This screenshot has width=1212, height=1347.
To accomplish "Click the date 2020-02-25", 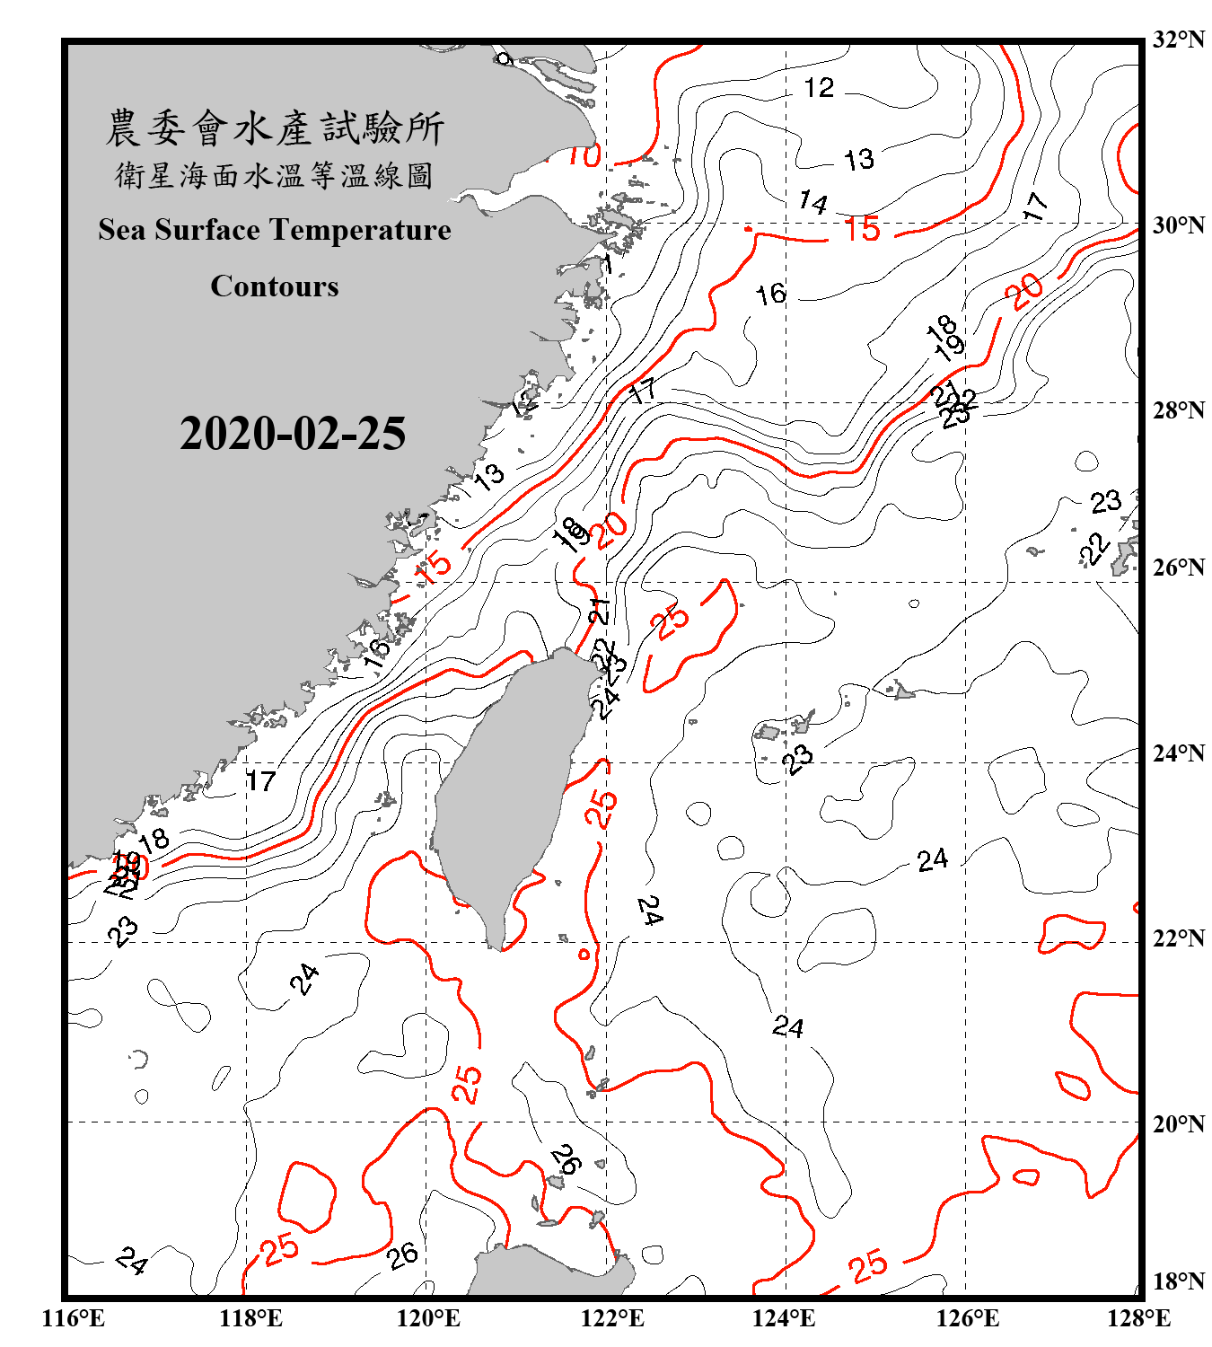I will click(293, 434).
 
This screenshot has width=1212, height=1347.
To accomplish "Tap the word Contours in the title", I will click(275, 286).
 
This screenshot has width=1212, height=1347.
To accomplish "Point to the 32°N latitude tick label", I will click(1178, 40).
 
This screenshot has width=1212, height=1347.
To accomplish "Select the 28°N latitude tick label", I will click(1178, 410).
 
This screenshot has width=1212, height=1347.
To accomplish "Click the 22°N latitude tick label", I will click(1178, 939).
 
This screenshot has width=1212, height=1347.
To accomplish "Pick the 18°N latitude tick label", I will click(1178, 1281).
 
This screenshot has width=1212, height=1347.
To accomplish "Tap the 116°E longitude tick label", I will click(74, 1318).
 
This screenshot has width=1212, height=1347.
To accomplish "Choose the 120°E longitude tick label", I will click(428, 1318).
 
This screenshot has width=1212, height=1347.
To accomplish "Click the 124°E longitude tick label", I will click(784, 1318).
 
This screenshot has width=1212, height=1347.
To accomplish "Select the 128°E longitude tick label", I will click(1138, 1318).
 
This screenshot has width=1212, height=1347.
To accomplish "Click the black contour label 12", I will click(818, 88).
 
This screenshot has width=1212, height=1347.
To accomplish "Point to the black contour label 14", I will click(812, 202).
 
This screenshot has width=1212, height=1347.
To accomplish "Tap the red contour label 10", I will click(584, 156).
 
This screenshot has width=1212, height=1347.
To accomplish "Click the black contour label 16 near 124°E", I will click(770, 294).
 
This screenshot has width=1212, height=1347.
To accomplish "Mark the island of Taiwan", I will click(507, 790).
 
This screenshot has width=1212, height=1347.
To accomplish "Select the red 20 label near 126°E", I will click(1024, 291).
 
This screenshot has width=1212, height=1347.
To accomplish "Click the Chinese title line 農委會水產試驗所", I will click(275, 128).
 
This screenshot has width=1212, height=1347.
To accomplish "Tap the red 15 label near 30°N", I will click(863, 230).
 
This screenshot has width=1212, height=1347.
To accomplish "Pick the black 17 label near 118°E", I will click(260, 781).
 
